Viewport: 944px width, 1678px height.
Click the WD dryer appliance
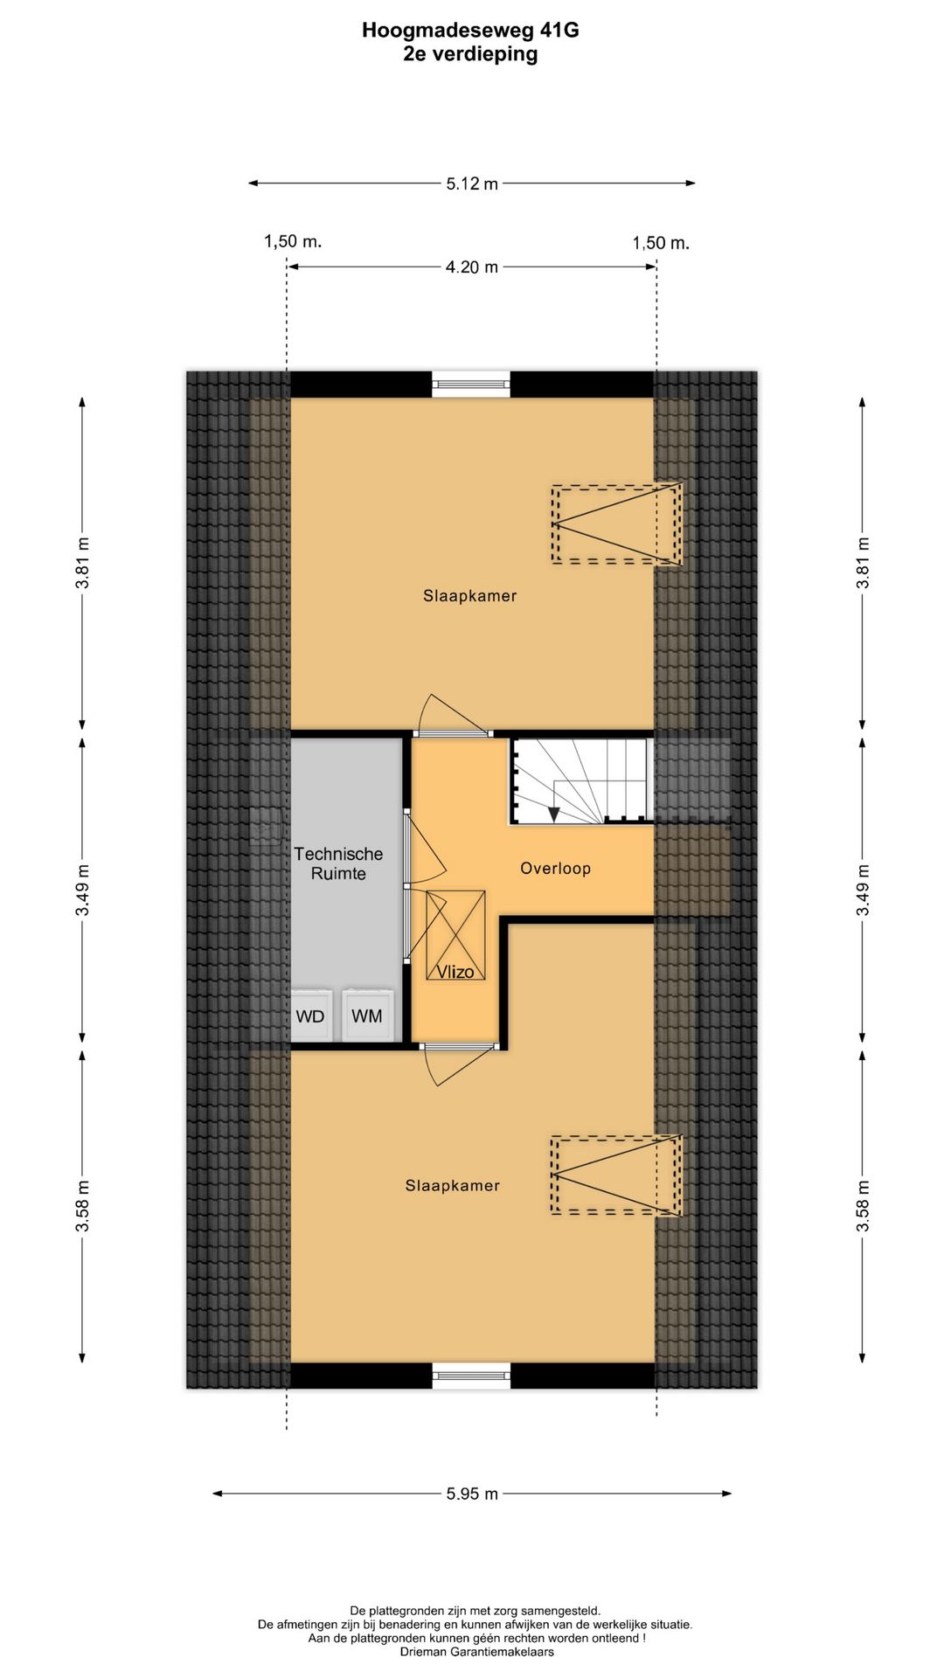[x=311, y=1016]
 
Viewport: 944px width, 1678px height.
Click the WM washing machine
[x=367, y=1016]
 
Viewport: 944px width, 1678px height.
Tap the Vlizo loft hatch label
[x=455, y=971]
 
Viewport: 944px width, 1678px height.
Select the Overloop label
[x=555, y=868]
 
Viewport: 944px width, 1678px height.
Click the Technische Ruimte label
[x=338, y=863]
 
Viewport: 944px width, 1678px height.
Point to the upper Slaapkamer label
[x=469, y=596]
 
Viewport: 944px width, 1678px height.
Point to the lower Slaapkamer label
[x=452, y=1186]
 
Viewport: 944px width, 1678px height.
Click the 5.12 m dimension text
[x=471, y=184]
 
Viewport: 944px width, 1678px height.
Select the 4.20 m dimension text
[x=471, y=267]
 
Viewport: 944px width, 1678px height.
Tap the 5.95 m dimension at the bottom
[x=471, y=1494]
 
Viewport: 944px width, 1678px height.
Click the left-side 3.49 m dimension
[x=83, y=891]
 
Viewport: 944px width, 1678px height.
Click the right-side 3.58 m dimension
[x=863, y=1206]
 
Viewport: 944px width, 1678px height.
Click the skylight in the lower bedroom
[x=616, y=1175]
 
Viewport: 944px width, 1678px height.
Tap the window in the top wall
[x=472, y=382]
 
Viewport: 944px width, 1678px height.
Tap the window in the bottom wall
[x=472, y=1376]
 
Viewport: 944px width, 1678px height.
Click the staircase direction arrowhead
[x=554, y=815]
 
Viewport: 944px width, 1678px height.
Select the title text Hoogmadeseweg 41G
[x=470, y=31]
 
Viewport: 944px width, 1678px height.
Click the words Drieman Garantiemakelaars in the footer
[x=476, y=1653]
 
